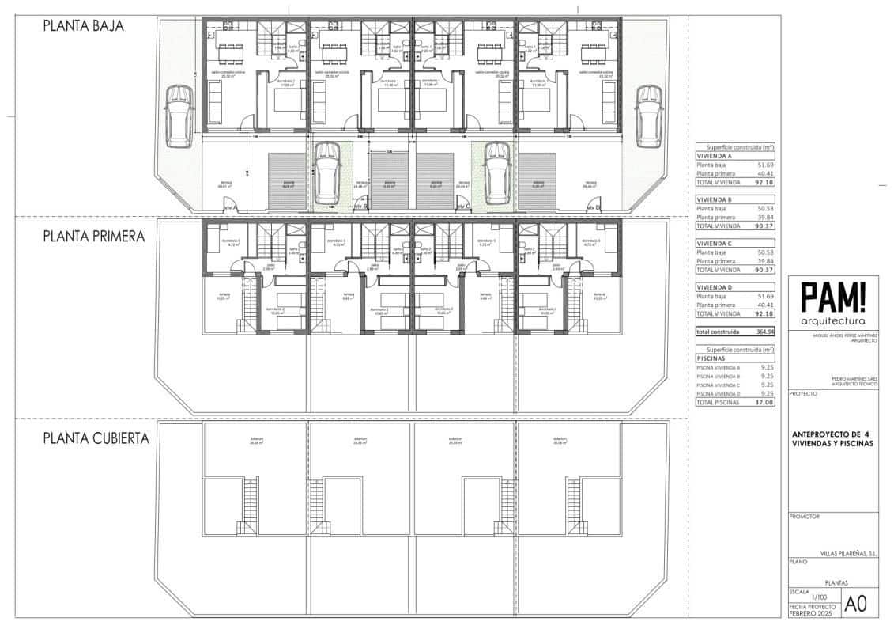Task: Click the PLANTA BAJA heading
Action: pos(83,25)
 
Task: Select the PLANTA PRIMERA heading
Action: pos(93,236)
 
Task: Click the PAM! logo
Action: pos(833,298)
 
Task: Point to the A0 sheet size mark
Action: pos(856,604)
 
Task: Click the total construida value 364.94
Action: pos(764,332)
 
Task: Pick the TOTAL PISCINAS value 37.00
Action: pos(764,402)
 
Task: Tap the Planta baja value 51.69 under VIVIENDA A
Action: pos(764,165)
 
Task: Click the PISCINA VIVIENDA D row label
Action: pos(718,393)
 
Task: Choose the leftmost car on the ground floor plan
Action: pos(178,116)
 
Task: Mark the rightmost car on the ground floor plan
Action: pos(648,116)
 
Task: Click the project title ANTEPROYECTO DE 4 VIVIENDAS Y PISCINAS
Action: pos(832,439)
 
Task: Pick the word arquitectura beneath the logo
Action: pos(832,321)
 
